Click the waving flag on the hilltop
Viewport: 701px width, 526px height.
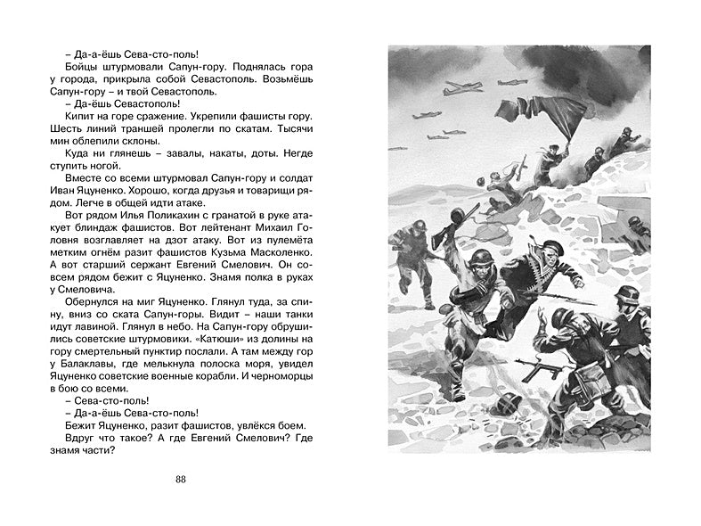pos(517,116)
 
